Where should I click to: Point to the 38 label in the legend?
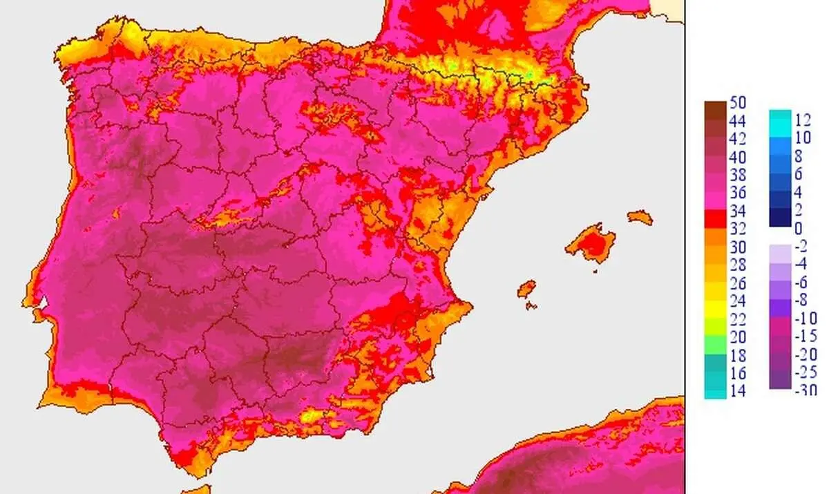coord(738,175)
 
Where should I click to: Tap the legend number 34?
coord(738,211)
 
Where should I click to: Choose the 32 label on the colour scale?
coord(738,229)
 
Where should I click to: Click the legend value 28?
coord(738,265)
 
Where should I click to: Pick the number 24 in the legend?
coord(738,301)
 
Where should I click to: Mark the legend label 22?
coord(738,319)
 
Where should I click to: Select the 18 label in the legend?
coord(738,355)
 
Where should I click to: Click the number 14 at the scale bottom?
coord(738,391)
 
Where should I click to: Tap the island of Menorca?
coord(640,217)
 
